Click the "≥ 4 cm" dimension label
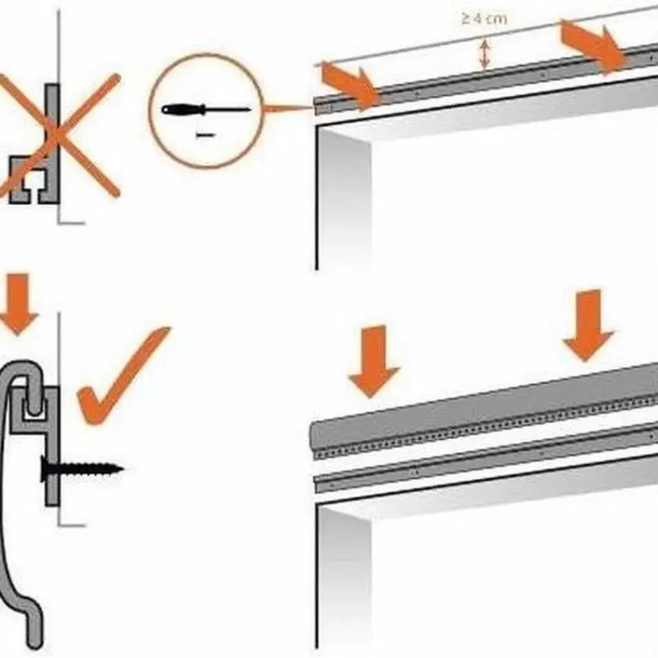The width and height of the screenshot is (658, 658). coord(484,19)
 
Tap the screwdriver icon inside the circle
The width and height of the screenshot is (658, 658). coord(206,110)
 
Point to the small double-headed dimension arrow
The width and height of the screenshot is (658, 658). coord(485,53)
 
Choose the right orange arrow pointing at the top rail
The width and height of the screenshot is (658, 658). coord(595,45)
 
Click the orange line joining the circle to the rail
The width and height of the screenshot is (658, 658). coord(289,109)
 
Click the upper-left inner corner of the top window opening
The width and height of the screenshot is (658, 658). coord(318,127)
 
